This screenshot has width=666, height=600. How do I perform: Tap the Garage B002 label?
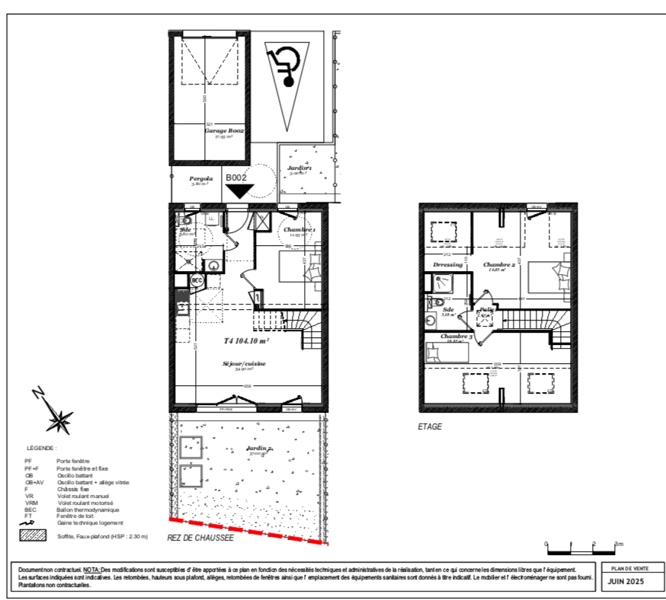[223, 131]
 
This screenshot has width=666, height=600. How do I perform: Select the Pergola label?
[201, 180]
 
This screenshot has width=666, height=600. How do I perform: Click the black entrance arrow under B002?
[240, 190]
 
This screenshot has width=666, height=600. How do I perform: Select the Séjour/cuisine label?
[244, 363]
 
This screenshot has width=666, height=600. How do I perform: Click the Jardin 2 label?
[259, 450]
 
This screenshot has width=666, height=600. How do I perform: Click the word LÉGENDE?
[41, 448]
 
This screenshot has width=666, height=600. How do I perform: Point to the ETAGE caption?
[429, 427]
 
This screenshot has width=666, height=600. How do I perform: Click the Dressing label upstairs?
[447, 265]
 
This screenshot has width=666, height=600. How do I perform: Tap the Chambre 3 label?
[456, 337]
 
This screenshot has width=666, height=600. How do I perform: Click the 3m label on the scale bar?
[619, 544]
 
